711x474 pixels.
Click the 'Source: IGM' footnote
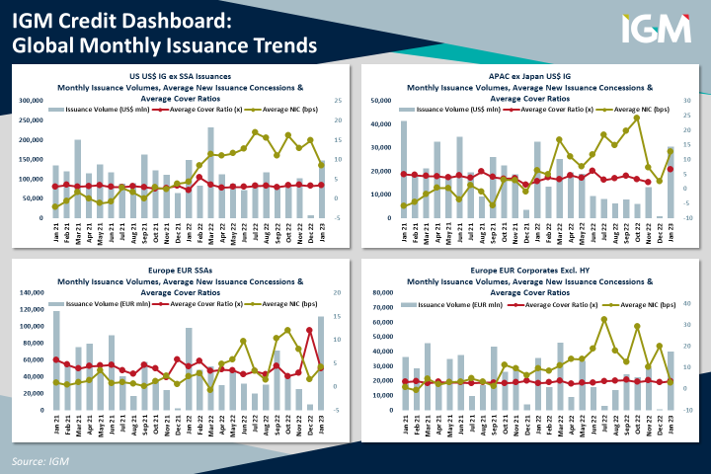40,461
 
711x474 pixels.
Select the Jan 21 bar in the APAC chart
403,169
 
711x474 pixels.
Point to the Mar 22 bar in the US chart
210,173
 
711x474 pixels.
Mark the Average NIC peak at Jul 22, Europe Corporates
603,319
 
